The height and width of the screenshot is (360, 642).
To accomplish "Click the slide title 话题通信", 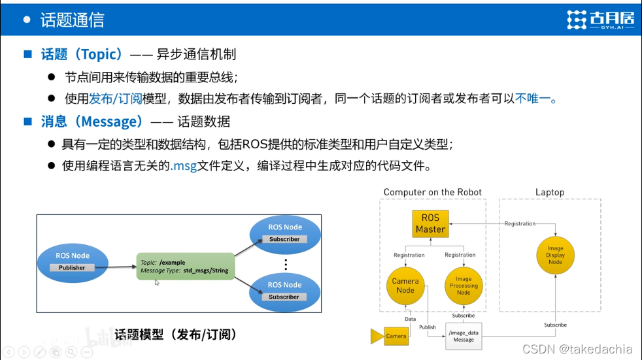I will pos(72,20).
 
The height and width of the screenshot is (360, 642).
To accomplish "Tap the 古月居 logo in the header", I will pos(600,20).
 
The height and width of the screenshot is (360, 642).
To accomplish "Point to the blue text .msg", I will pos(184,166).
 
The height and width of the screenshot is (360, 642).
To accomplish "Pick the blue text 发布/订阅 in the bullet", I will pos(115,99).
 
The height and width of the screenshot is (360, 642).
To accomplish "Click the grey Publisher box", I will pos(72,267).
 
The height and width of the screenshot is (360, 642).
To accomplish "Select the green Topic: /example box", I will pos(185,266).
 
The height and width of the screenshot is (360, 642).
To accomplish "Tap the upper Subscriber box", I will pos(284,239).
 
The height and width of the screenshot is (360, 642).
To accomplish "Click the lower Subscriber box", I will pos(284,297).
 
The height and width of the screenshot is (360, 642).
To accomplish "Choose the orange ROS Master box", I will pos(430,223).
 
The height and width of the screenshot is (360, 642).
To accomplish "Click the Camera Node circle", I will pos(405,286).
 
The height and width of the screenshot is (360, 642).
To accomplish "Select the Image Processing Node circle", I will pos(464,286).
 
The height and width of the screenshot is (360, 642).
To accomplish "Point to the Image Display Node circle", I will pos(555,255).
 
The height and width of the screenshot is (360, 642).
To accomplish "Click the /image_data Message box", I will pos(464,336).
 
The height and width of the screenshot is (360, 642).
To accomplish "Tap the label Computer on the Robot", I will pos(432,192).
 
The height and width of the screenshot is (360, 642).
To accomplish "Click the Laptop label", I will pos(549,192).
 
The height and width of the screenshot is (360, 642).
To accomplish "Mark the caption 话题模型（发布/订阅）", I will pos(175,335).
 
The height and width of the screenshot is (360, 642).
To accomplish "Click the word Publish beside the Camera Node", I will pos(428,327).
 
